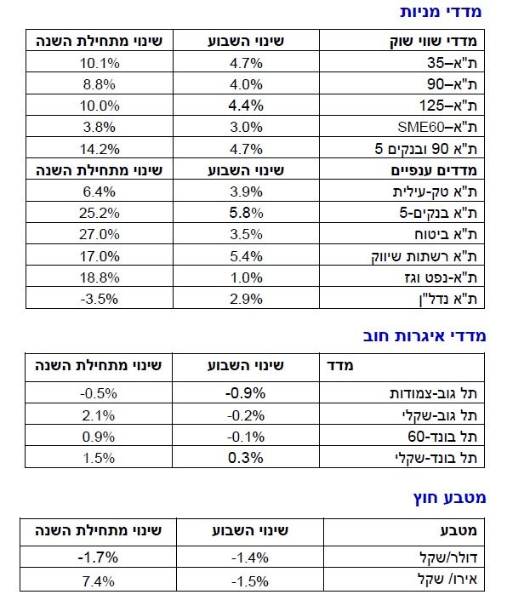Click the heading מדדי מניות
441,12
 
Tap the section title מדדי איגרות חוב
424,336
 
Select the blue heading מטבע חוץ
449,498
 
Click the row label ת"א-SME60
437,127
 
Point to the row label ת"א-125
448,106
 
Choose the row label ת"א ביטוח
446,234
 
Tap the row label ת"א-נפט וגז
441,277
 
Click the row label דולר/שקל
448,557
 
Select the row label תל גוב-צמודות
433,393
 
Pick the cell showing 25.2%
100,213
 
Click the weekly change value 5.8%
246,213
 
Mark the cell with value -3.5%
100,299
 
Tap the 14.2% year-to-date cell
100,149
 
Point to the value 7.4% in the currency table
98,581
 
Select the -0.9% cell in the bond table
245,393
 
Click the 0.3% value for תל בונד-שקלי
245,458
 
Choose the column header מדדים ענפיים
434,170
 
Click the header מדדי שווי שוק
433,41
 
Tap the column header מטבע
459,530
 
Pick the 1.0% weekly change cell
246,277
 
